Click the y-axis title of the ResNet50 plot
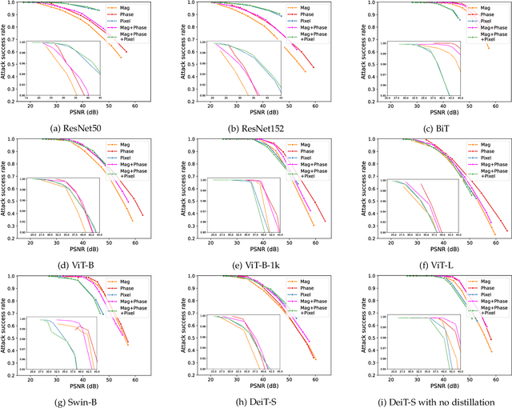tap(6, 51)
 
